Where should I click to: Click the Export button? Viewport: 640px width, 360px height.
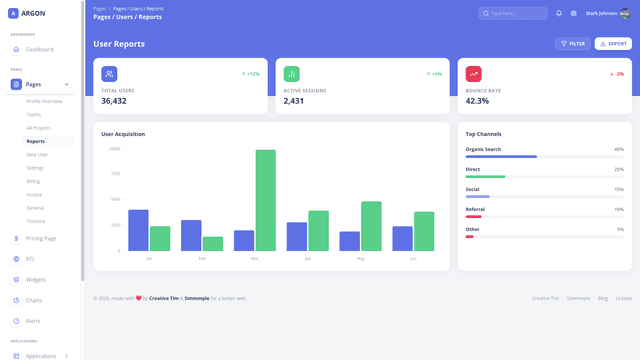coord(613,44)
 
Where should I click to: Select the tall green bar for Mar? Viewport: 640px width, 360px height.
coord(265,200)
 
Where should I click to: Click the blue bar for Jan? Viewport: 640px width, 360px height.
coord(138,230)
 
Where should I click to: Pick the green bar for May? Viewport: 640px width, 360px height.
coord(371,226)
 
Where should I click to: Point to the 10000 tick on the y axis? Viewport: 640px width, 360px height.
coord(115,149)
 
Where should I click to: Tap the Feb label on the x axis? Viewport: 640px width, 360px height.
coord(202,258)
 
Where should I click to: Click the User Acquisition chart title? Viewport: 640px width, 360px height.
coord(123,134)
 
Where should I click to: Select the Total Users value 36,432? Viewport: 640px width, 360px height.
coord(114,101)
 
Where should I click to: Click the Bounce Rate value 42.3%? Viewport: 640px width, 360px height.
coord(477,101)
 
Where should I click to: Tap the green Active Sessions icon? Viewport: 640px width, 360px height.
coord(291,74)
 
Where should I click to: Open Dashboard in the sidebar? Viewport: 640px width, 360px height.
coord(40,49)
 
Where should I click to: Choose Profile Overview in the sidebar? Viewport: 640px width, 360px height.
coord(44,101)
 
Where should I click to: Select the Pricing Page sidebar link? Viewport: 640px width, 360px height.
coord(41,238)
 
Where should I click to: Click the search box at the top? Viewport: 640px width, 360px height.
coord(512,13)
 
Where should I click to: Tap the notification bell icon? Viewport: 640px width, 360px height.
coord(559,13)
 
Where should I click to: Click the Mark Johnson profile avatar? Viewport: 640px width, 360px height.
coord(625,13)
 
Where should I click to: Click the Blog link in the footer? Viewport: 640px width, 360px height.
coord(603,298)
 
